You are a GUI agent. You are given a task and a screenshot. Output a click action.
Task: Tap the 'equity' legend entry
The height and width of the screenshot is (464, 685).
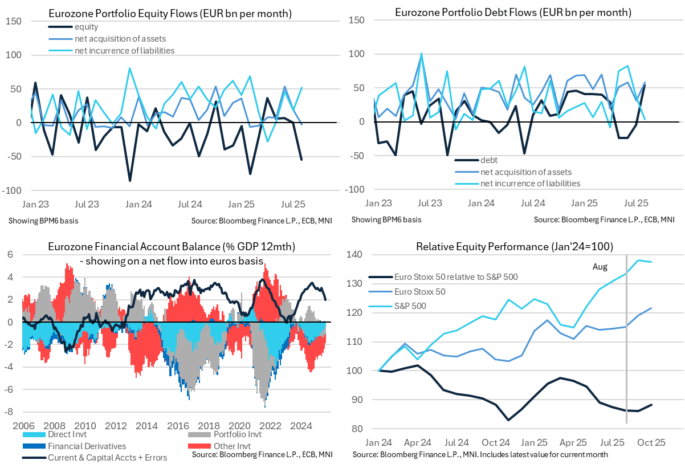pyautogui.click(x=86, y=27)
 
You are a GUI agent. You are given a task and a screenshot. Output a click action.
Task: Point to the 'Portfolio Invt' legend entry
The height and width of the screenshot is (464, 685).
pyautogui.click(x=235, y=435)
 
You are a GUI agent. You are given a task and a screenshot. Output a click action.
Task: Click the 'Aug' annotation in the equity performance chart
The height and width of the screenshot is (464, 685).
pyautogui.click(x=600, y=267)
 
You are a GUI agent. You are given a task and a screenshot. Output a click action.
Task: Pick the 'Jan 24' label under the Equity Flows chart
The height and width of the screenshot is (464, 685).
pyautogui.click(x=138, y=203)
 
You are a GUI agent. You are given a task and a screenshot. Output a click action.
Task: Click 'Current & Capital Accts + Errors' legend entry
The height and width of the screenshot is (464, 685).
pyautogui.click(x=108, y=457)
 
